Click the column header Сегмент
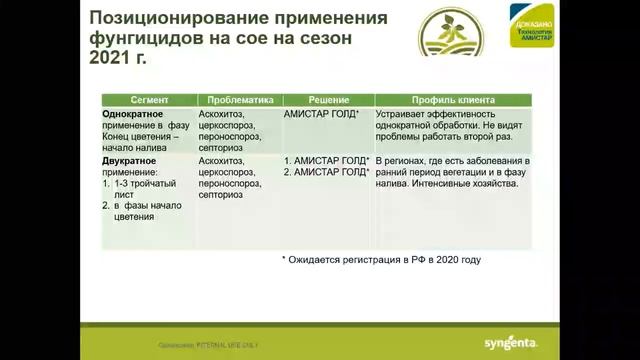(148, 100)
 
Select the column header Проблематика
(239, 100)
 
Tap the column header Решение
(327, 100)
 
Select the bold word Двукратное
(130, 160)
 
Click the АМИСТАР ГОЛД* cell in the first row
(322, 115)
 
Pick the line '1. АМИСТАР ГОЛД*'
(327, 160)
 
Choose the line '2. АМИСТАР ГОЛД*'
(327, 172)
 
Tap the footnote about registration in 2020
(381, 260)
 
